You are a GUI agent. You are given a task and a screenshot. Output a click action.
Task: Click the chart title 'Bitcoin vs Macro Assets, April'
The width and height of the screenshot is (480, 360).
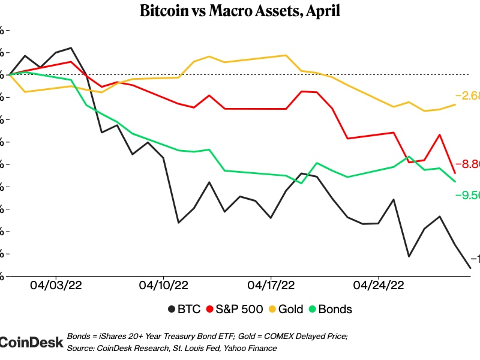click(x=240, y=11)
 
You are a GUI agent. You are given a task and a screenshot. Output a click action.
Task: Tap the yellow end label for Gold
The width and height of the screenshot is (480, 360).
click(x=467, y=96)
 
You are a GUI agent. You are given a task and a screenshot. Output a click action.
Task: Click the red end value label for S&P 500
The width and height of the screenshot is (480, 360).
click(x=467, y=164)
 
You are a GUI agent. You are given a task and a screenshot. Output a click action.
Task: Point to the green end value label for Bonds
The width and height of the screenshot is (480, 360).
click(x=467, y=195)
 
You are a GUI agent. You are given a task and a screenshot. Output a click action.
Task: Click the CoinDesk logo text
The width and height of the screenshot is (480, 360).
click(x=31, y=342)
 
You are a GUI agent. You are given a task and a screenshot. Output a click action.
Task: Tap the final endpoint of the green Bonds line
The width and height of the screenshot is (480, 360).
click(x=455, y=181)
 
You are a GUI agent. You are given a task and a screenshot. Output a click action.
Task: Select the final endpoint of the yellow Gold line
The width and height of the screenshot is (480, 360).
click(x=455, y=104)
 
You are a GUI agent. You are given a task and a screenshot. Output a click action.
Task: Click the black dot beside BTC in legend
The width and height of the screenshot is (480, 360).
click(x=170, y=310)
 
